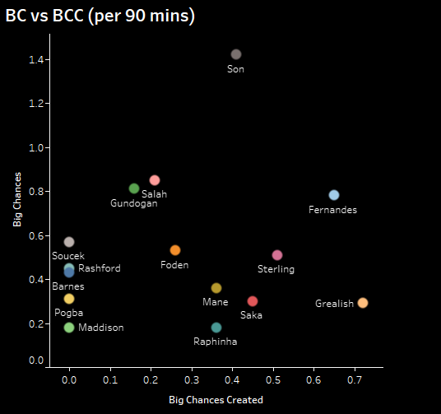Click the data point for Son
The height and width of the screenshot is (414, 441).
236,54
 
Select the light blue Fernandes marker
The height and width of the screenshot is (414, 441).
334,195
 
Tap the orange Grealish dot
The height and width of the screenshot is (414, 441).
363,303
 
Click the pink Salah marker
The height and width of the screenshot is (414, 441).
155,180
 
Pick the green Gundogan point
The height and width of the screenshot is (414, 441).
134,188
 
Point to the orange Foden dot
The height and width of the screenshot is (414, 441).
175,250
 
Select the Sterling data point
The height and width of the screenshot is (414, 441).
277,255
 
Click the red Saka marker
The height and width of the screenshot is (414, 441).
253,301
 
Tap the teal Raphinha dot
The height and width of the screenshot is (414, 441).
216,328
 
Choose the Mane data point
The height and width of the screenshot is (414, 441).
216,288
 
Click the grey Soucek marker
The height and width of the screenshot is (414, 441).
69,242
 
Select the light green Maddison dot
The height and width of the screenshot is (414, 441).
69,328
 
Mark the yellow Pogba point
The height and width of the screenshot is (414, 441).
69,299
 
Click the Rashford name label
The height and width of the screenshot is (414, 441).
100,268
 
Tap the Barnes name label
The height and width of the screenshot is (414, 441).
67,286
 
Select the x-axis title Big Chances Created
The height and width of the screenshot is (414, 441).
216,400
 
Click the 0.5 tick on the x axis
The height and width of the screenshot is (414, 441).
273,382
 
